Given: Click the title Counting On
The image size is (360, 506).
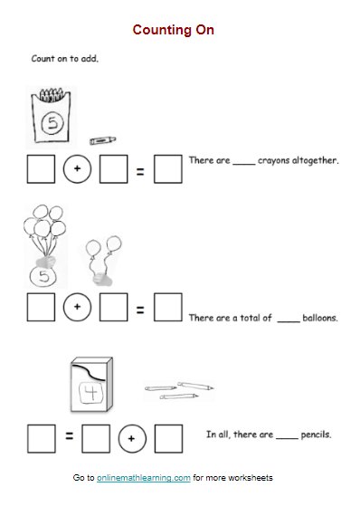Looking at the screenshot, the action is click(174, 30).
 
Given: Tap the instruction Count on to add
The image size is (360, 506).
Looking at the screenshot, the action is click(65, 59).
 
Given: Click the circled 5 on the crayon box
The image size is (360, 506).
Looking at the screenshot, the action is click(52, 122).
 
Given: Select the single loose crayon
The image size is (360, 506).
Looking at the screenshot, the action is click(102, 140).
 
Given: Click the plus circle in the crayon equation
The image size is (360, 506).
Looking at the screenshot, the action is click(77, 168).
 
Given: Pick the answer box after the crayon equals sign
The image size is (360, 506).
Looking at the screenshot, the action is click(168, 169).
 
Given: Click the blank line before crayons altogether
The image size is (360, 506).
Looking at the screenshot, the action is click(244, 164).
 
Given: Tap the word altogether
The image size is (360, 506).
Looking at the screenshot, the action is click(315, 160).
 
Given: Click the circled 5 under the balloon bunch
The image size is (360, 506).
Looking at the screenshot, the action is click(43, 277).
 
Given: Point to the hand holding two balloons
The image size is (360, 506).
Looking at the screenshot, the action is click(102, 279).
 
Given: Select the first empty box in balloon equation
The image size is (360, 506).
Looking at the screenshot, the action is click(41, 307).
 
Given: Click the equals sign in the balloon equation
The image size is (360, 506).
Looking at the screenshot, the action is click(140, 310).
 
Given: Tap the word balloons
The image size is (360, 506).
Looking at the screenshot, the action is click(320, 319).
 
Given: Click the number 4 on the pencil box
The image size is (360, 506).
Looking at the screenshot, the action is click(92, 391).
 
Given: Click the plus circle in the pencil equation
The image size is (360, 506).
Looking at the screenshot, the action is click(132, 438).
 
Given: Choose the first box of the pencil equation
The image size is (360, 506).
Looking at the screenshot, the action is click(42, 439).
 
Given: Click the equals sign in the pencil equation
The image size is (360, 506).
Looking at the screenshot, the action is click(70, 436).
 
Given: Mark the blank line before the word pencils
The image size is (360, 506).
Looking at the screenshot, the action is click(287, 438).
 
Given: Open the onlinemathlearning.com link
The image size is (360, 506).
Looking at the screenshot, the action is click(144, 478).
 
